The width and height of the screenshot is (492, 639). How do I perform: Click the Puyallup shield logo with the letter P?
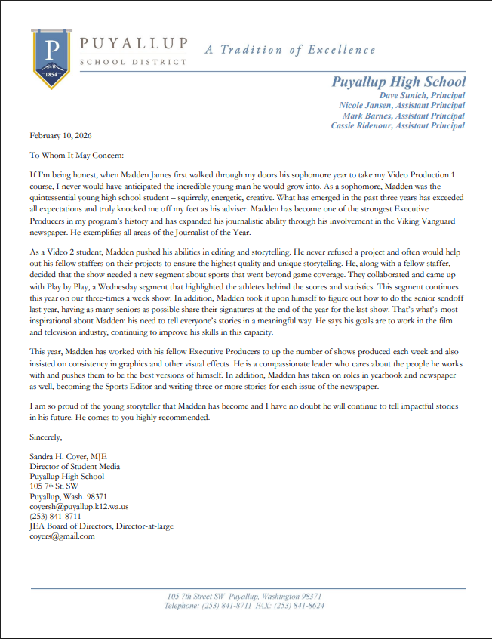(x=51, y=58)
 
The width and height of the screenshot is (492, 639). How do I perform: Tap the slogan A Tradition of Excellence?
(x=290, y=50)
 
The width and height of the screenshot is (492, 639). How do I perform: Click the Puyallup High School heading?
(x=398, y=82)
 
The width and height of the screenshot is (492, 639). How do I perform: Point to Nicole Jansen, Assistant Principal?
(x=402, y=106)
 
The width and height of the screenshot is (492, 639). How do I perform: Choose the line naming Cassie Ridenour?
(x=398, y=125)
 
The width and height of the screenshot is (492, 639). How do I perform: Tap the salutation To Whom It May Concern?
(x=74, y=155)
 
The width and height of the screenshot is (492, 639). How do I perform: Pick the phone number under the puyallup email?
(x=56, y=517)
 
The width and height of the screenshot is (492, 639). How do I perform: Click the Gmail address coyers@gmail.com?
(x=62, y=536)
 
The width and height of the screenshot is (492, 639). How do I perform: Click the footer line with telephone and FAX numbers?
(x=244, y=606)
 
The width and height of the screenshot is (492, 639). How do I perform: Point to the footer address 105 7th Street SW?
(x=244, y=596)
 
